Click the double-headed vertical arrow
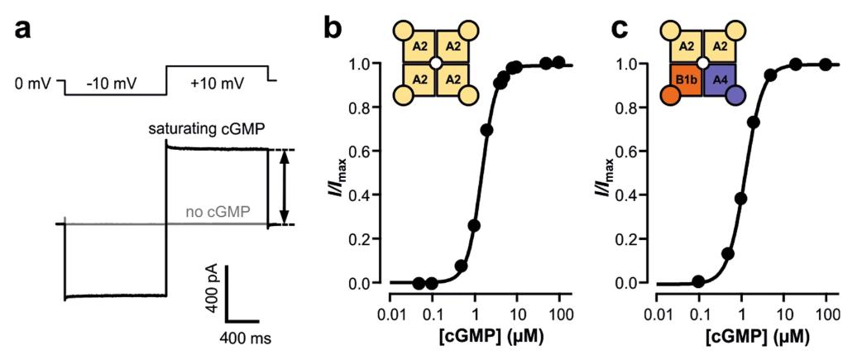tap(284, 186)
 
